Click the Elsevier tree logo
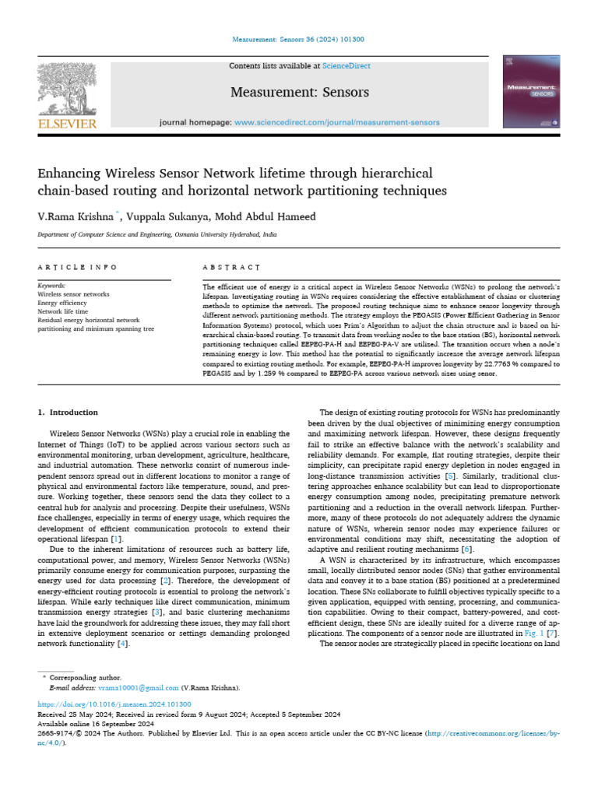(68, 88)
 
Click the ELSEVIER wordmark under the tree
(68, 123)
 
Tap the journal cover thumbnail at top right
(532, 92)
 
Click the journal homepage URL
(336, 122)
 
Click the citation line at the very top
(299, 40)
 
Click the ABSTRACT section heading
(231, 267)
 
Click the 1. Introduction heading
(69, 412)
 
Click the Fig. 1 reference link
(533, 634)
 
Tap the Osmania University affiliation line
(157, 233)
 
